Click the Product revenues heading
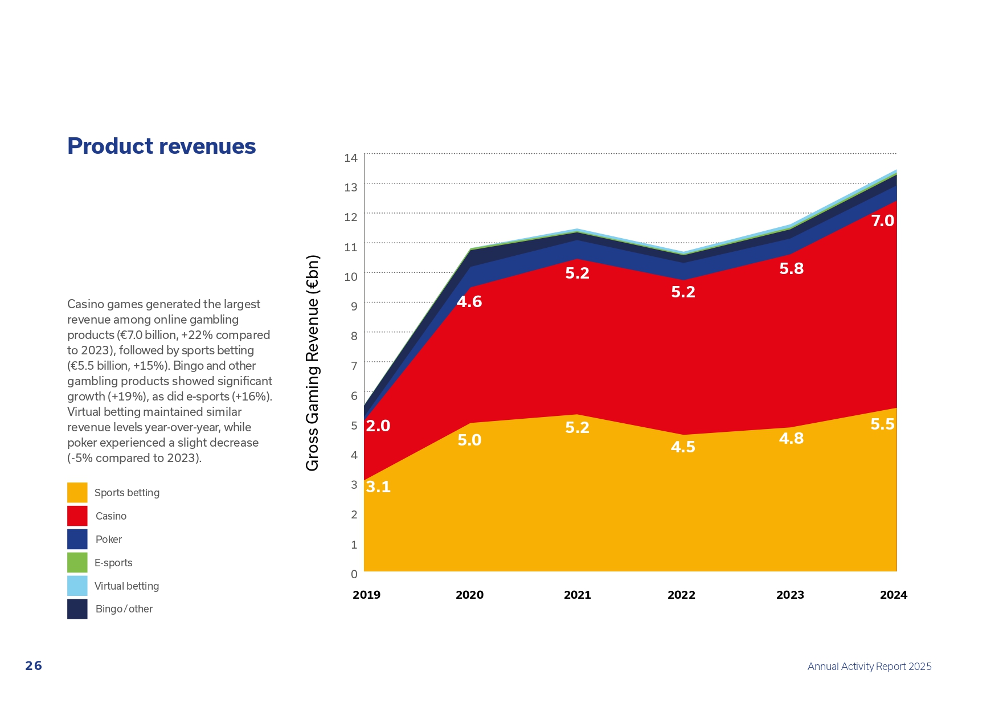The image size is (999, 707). (x=161, y=146)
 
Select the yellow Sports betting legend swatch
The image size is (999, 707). (x=77, y=493)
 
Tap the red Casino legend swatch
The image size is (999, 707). (x=77, y=516)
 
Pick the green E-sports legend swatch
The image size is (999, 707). (x=77, y=563)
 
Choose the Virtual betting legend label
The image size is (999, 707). (x=126, y=586)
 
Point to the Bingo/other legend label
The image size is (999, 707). (x=124, y=609)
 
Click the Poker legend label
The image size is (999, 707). (x=108, y=540)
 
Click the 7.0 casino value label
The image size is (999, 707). (x=882, y=221)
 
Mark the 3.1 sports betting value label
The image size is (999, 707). (x=378, y=487)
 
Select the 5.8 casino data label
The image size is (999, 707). (x=791, y=269)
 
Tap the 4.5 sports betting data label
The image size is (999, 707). (x=683, y=447)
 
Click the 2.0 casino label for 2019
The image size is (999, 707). (x=378, y=426)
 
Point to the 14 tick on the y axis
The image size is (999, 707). (x=350, y=158)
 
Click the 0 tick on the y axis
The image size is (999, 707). (x=354, y=574)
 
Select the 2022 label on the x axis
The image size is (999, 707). (x=681, y=595)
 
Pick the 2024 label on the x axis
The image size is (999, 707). (x=893, y=595)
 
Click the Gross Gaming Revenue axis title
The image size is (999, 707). (x=313, y=363)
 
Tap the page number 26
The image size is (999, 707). (x=34, y=666)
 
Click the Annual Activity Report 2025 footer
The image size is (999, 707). (x=869, y=667)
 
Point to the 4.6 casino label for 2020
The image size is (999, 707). (x=469, y=302)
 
